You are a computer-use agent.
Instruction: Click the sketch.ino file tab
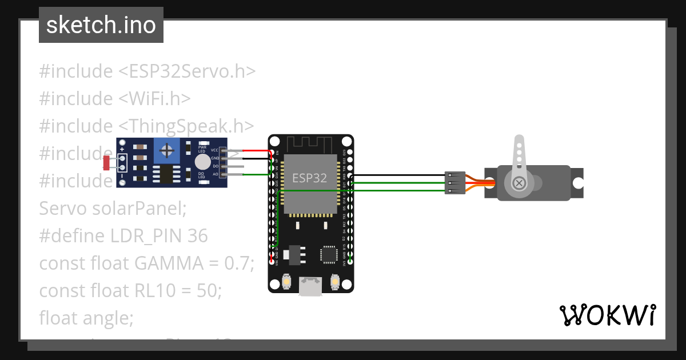click(101, 25)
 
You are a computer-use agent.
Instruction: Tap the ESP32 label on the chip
click(309, 178)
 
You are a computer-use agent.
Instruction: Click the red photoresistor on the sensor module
click(106, 163)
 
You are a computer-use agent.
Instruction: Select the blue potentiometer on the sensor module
click(167, 151)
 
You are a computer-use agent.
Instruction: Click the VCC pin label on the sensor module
click(214, 150)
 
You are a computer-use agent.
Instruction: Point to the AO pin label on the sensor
click(215, 174)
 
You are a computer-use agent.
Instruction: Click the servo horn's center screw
click(519, 183)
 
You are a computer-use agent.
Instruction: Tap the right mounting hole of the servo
click(578, 183)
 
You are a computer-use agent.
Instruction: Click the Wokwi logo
click(607, 315)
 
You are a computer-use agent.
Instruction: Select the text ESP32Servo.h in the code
click(186, 71)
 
